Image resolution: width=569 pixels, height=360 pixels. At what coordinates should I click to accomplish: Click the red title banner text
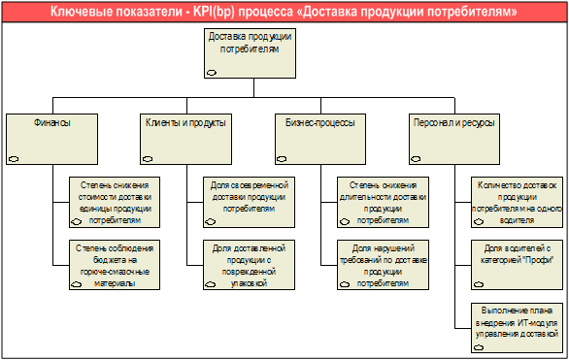pos(284,12)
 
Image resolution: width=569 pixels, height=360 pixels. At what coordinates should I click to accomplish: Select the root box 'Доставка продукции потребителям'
pos(250,53)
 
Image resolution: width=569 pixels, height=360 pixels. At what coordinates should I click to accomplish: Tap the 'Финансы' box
pos(51,139)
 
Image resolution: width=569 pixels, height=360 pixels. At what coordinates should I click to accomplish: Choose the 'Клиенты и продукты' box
pos(185,139)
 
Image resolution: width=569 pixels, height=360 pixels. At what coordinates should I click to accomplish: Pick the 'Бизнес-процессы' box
pos(320,139)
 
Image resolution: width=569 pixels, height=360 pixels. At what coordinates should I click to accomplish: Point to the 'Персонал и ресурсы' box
pos(454,139)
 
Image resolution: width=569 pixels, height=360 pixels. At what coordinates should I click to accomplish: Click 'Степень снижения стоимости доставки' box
pos(115,202)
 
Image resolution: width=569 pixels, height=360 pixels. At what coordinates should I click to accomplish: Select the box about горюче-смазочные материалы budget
pos(115,265)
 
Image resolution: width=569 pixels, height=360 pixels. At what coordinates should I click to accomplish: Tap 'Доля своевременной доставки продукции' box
pos(249,202)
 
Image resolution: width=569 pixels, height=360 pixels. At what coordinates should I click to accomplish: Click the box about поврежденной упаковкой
pos(249,265)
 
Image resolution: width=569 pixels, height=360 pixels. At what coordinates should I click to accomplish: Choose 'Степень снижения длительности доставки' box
pos(384,202)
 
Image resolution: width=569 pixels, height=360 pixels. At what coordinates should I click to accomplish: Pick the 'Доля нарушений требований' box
pos(384,265)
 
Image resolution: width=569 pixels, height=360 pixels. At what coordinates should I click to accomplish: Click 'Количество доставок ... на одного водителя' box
pos(518,202)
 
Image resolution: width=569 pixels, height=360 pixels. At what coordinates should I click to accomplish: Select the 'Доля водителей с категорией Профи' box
pos(518,265)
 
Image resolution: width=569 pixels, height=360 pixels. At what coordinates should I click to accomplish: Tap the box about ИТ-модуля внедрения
pos(518,328)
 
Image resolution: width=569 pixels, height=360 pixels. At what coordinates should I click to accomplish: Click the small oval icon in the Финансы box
pos(14,159)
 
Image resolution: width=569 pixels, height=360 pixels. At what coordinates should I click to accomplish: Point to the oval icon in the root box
pos(212,73)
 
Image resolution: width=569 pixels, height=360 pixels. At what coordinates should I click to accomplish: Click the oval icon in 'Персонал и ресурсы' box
pos(416,159)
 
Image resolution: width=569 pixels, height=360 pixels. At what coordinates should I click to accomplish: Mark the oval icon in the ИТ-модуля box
pos(479,347)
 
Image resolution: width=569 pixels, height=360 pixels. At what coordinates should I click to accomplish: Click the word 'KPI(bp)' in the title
pos(214,12)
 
